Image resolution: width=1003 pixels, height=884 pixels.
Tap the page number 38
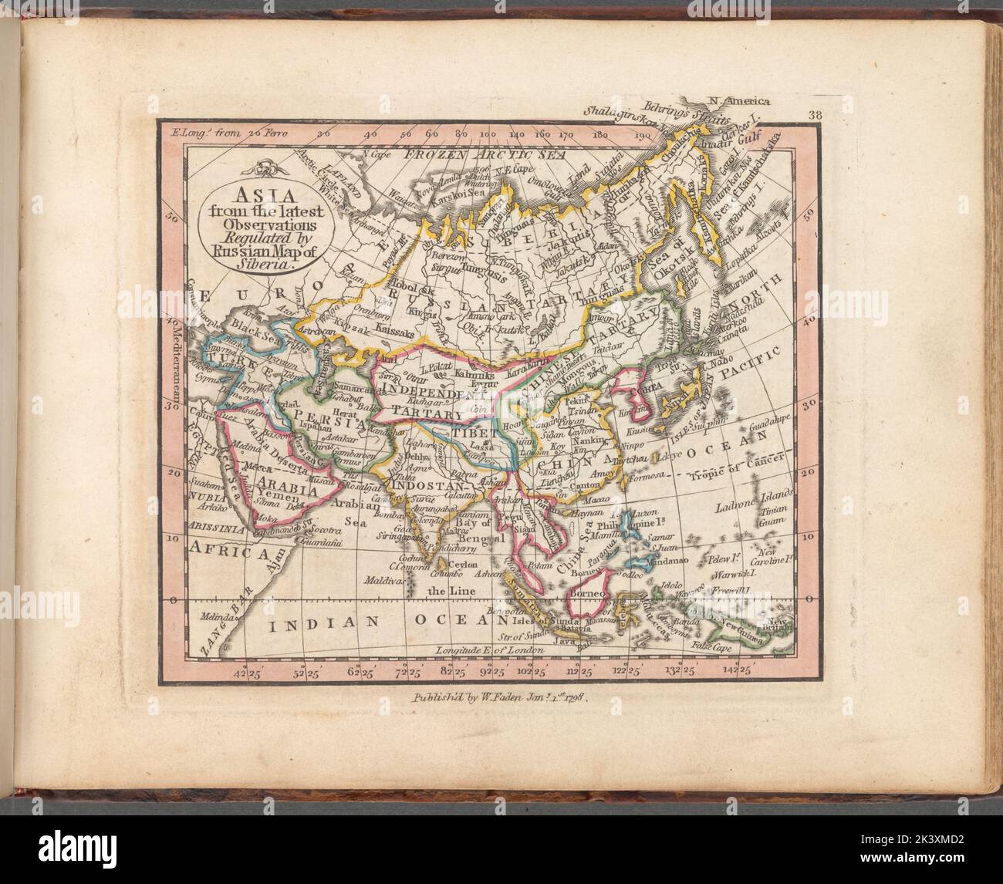pos(816,116)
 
